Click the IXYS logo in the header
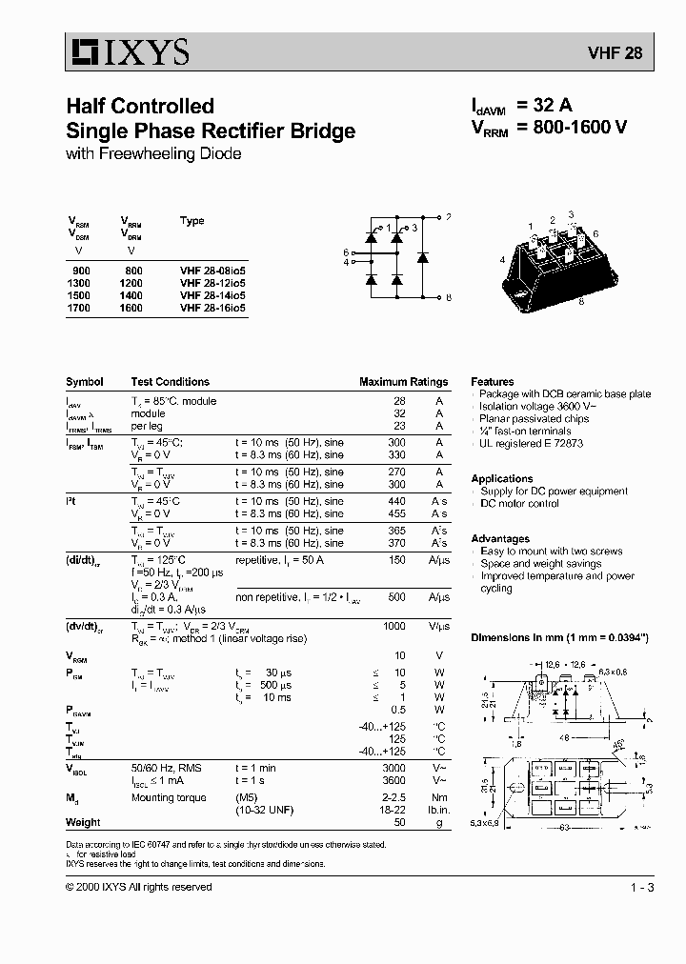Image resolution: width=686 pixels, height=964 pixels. [130, 52]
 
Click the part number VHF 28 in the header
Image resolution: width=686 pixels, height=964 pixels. [620, 54]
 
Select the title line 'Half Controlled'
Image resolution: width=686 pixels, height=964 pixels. [139, 106]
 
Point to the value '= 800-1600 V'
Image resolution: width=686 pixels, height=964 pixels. [572, 130]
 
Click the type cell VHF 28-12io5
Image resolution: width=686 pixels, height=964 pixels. [212, 283]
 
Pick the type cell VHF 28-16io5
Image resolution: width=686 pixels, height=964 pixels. [212, 308]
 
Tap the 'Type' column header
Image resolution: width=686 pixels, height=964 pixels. [192, 221]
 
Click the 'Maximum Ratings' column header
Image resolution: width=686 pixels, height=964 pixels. [403, 382]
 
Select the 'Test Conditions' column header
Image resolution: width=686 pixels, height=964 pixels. [170, 382]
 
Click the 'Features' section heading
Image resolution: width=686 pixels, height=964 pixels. [492, 381]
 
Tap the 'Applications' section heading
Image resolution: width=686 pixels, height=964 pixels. [501, 479]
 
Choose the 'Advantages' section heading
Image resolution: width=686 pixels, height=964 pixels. [500, 539]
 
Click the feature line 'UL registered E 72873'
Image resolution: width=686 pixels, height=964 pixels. [532, 444]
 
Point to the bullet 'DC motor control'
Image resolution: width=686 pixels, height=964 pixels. [519, 504]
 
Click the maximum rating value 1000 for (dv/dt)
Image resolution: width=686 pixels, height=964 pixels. [393, 626]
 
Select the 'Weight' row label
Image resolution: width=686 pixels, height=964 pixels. [83, 822]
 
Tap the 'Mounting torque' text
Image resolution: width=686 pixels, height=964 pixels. [168, 797]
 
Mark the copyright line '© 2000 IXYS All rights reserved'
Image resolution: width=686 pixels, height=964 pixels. [139, 887]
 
